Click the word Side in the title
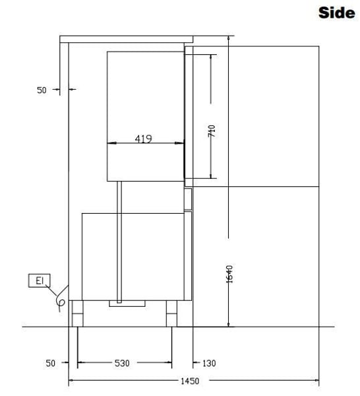pos(336,13)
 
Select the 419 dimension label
pos(143,139)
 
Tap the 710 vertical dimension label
pos(212,131)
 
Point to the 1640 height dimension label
pos(229,274)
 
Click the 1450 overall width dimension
pos(190,381)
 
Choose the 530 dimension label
pos(122,363)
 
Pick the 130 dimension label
pos(209,364)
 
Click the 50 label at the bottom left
pos(50,363)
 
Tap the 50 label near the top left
pos(42,90)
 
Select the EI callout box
pos(40,280)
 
